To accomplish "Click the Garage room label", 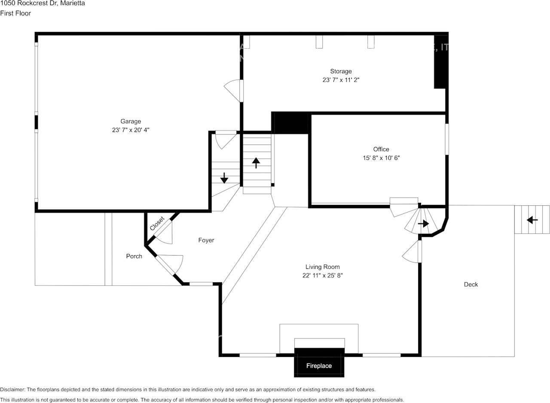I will tap(131, 121).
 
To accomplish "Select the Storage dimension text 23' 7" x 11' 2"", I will tap(341, 80).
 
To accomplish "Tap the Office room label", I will tap(381, 149).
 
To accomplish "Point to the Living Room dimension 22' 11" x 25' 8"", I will tap(322, 276).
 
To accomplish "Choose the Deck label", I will tap(471, 284).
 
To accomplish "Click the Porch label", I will tap(134, 256).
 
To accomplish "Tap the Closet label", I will tap(157, 223).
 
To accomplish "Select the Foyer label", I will tap(206, 240).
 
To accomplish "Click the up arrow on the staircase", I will tap(256, 163).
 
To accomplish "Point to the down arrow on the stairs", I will tap(224, 178).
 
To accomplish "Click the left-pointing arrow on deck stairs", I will tap(532, 220).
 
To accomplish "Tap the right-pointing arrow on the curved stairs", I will tap(424, 223).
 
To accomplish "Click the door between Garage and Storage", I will tap(234, 90).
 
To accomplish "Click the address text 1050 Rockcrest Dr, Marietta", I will tap(42, 3).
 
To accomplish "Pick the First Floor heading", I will tap(15, 13).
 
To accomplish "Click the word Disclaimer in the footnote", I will tap(12, 389).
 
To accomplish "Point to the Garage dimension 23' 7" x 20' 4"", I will tap(131, 130).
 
